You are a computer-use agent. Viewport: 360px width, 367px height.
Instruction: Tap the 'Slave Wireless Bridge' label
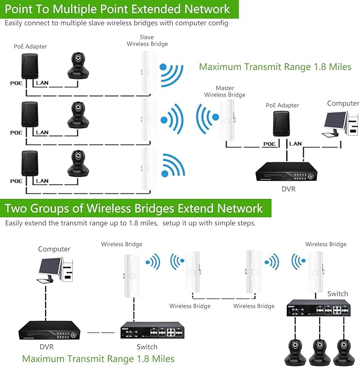(147, 41)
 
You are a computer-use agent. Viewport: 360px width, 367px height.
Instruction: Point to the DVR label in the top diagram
(289, 188)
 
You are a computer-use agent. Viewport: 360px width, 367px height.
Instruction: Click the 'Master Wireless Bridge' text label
(225, 91)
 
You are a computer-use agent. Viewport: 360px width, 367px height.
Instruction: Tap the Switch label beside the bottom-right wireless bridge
(337, 293)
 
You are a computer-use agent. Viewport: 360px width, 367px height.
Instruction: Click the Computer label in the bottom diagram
(54, 249)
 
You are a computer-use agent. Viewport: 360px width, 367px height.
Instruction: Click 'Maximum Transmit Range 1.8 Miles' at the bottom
(98, 359)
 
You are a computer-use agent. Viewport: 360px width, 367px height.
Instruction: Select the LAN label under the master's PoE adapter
(296, 144)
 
